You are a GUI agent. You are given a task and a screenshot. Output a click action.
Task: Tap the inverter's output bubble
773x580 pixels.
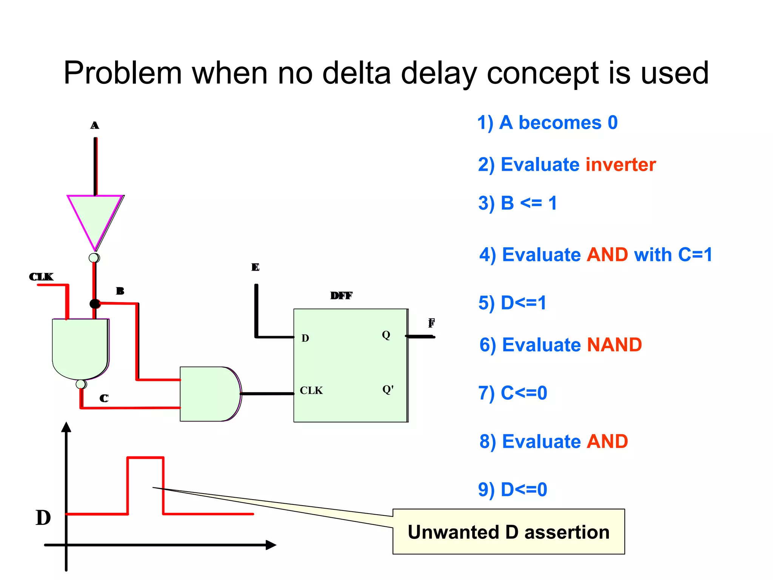coord(94,258)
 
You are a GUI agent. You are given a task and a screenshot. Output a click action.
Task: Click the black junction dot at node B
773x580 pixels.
coord(95,304)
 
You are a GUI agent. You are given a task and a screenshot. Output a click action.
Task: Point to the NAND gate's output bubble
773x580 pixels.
coord(81,384)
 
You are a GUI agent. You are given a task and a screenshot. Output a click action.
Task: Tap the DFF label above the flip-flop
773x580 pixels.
coord(341,296)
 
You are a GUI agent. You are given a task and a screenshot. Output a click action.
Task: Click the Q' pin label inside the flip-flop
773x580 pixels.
coord(388,389)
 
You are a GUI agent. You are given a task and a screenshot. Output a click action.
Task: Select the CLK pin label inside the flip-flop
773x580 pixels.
coord(311,390)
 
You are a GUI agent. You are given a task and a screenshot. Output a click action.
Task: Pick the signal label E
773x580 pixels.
coord(255,267)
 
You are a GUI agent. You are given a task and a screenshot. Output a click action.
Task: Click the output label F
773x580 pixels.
coord(431,323)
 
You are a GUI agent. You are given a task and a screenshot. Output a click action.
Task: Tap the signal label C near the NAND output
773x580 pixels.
coord(104,398)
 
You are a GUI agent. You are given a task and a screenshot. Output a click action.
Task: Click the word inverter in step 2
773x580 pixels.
coord(620,165)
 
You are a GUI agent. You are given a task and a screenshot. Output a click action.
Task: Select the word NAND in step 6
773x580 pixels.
coord(614,345)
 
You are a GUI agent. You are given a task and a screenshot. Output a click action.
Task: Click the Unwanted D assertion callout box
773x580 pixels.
coord(508,532)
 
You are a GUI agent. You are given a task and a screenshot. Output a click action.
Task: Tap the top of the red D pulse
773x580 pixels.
coord(145,458)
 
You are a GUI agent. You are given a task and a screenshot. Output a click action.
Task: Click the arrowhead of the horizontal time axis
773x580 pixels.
coord(271,545)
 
